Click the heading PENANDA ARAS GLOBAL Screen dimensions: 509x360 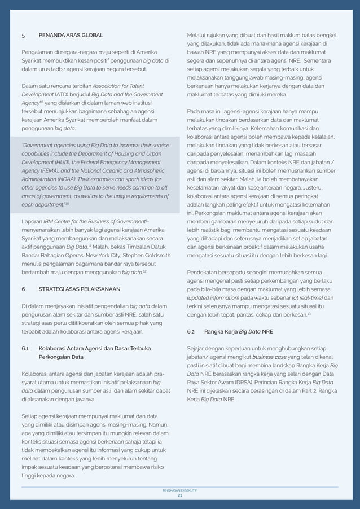pos(71,35)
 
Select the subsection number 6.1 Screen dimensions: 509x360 pos(26,349)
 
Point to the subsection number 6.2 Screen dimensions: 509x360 pos(191,332)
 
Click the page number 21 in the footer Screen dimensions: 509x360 pos(180,495)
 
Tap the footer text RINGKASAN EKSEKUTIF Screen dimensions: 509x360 pos(180,490)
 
